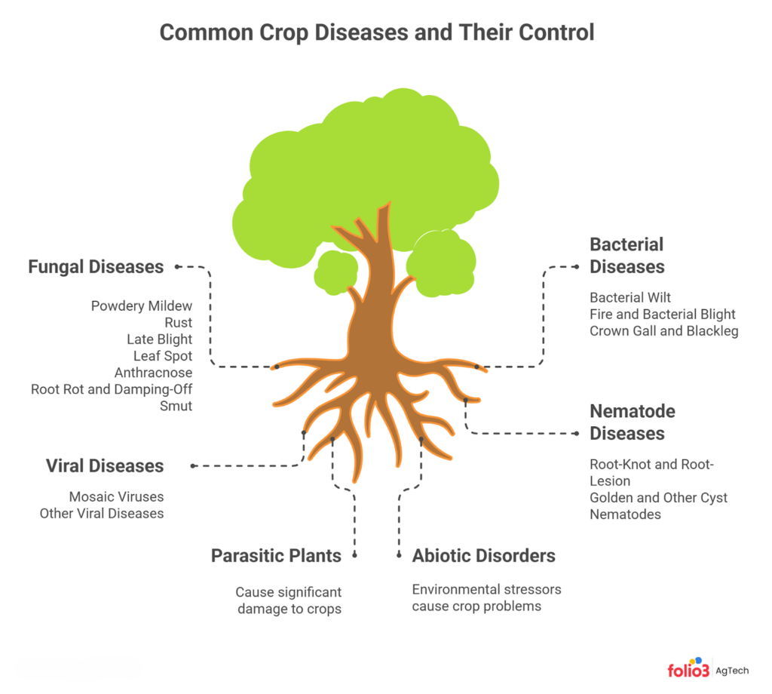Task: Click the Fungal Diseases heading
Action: click(x=96, y=267)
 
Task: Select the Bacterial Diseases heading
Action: click(x=626, y=256)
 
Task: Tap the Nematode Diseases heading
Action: click(x=633, y=422)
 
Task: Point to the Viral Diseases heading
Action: click(x=104, y=466)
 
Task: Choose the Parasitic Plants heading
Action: click(x=276, y=556)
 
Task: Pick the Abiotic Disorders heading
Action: click(x=483, y=556)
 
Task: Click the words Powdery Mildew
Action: click(x=141, y=306)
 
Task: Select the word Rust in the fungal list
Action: click(x=178, y=323)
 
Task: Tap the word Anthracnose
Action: click(x=153, y=373)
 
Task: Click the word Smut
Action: click(x=176, y=406)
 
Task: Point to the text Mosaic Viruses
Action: click(x=116, y=496)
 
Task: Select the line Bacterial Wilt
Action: click(x=630, y=297)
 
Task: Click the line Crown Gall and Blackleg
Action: click(x=663, y=331)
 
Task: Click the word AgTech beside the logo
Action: click(x=731, y=671)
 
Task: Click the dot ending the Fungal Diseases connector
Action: click(x=177, y=267)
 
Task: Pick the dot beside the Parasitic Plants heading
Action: click(x=354, y=556)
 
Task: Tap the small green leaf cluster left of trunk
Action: click(x=335, y=272)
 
